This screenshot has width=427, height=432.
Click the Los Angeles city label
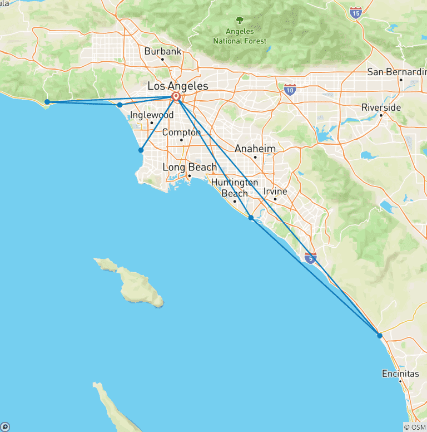pyautogui.click(x=178, y=86)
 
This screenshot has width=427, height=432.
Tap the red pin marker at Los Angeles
pyautogui.click(x=176, y=97)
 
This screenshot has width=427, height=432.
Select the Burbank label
pyautogui.click(x=163, y=51)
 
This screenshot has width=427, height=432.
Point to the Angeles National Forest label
pyautogui.click(x=240, y=37)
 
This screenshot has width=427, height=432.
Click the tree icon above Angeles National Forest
pyautogui.click(x=240, y=21)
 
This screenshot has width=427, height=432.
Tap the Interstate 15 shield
pyautogui.click(x=356, y=12)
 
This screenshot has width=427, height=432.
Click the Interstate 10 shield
pyautogui.click(x=290, y=89)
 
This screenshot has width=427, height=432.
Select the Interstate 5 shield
pyautogui.click(x=311, y=257)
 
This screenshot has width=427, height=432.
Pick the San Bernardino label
pyautogui.click(x=396, y=72)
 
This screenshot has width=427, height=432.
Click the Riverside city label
pyautogui.click(x=381, y=107)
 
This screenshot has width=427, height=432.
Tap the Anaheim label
pyautogui.click(x=255, y=149)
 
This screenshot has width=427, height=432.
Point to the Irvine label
pyautogui.click(x=275, y=192)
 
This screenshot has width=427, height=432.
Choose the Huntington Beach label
pyautogui.click(x=235, y=188)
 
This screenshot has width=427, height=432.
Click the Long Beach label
pyautogui.click(x=190, y=167)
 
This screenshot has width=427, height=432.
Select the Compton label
pyautogui.click(x=181, y=132)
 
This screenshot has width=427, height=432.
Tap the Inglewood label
pyautogui.click(x=152, y=115)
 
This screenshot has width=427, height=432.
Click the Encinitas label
pyautogui.click(x=400, y=374)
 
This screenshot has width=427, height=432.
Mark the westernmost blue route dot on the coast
pyautogui.click(x=48, y=102)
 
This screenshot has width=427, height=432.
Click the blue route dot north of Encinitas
pyautogui.click(x=379, y=335)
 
